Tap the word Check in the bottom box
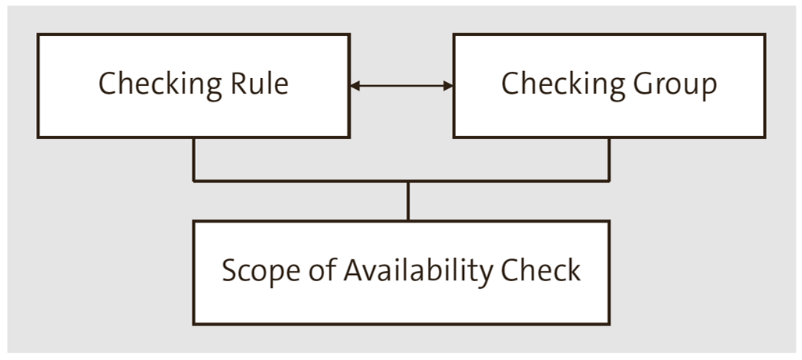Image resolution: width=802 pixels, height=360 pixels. coord(546,271)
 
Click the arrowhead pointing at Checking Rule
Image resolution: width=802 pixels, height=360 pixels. coord(355,86)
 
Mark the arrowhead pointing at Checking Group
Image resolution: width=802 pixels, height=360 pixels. coord(448,86)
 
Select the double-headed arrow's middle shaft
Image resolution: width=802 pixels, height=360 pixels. coord(401,86)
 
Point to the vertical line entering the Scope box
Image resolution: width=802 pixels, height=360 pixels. coord(408,201)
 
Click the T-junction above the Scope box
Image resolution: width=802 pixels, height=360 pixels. coord(408,181)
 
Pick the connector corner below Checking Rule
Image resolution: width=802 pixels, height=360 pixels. coord(194,180)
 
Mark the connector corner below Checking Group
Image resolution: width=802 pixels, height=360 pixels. coord(609,180)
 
